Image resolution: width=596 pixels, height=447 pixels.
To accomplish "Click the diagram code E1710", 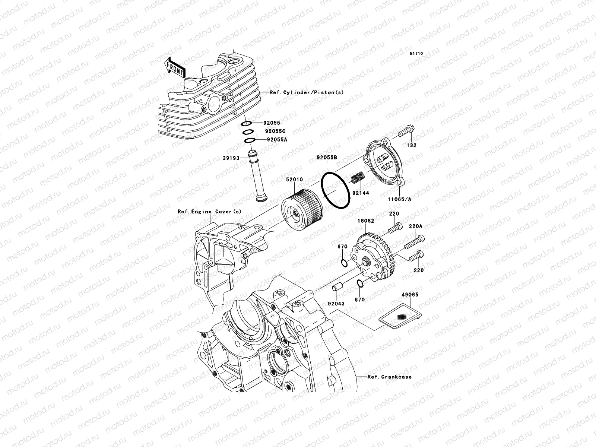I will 416,54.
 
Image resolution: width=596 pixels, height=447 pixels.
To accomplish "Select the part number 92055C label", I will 276,131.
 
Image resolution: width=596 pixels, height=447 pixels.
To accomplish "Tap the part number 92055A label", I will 277,140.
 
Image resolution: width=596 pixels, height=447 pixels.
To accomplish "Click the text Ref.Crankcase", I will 390,377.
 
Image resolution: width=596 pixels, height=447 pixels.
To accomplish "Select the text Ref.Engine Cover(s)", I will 209,212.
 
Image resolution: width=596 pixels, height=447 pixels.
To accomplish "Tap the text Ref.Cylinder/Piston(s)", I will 307,92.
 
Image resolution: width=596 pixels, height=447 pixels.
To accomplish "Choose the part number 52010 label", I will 294,180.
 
